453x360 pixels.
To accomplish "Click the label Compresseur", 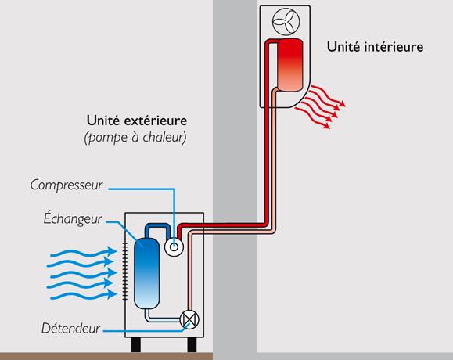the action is tap(67, 185).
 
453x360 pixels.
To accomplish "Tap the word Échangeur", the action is tap(73, 218).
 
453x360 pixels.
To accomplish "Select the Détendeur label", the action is tap(70, 328).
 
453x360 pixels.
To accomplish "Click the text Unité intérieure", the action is tap(375, 47).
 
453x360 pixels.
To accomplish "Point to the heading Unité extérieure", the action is tap(137, 121).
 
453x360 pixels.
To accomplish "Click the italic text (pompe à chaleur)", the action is tap(135, 138).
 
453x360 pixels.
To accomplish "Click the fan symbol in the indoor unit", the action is tap(286, 22).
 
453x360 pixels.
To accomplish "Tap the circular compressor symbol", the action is tap(174, 247).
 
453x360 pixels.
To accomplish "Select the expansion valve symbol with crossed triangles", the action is tap(189, 320).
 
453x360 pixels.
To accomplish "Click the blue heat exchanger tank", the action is tap(147, 273).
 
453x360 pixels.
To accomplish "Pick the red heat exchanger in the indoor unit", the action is tap(290, 65).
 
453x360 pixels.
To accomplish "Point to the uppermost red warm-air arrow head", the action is tap(341, 104).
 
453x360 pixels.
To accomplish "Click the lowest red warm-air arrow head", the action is tap(326, 125).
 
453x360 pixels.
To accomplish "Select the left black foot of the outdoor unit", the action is tap(136, 345).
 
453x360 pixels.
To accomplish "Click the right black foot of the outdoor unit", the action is tap(192, 345).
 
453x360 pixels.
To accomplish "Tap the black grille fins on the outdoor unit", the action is tap(125, 272).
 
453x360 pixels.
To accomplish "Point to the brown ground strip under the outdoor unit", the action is tap(106, 356).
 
